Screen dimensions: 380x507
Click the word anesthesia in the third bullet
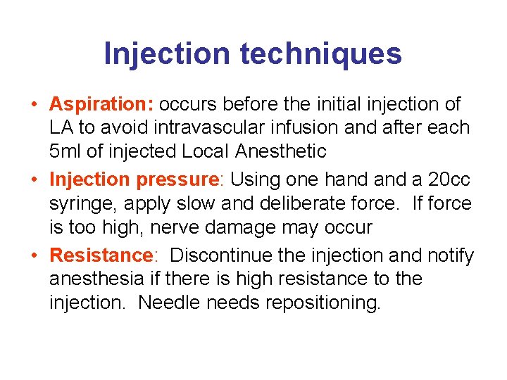pyautogui.click(x=97, y=279)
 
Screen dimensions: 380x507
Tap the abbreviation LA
pyautogui.click(x=61, y=128)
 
